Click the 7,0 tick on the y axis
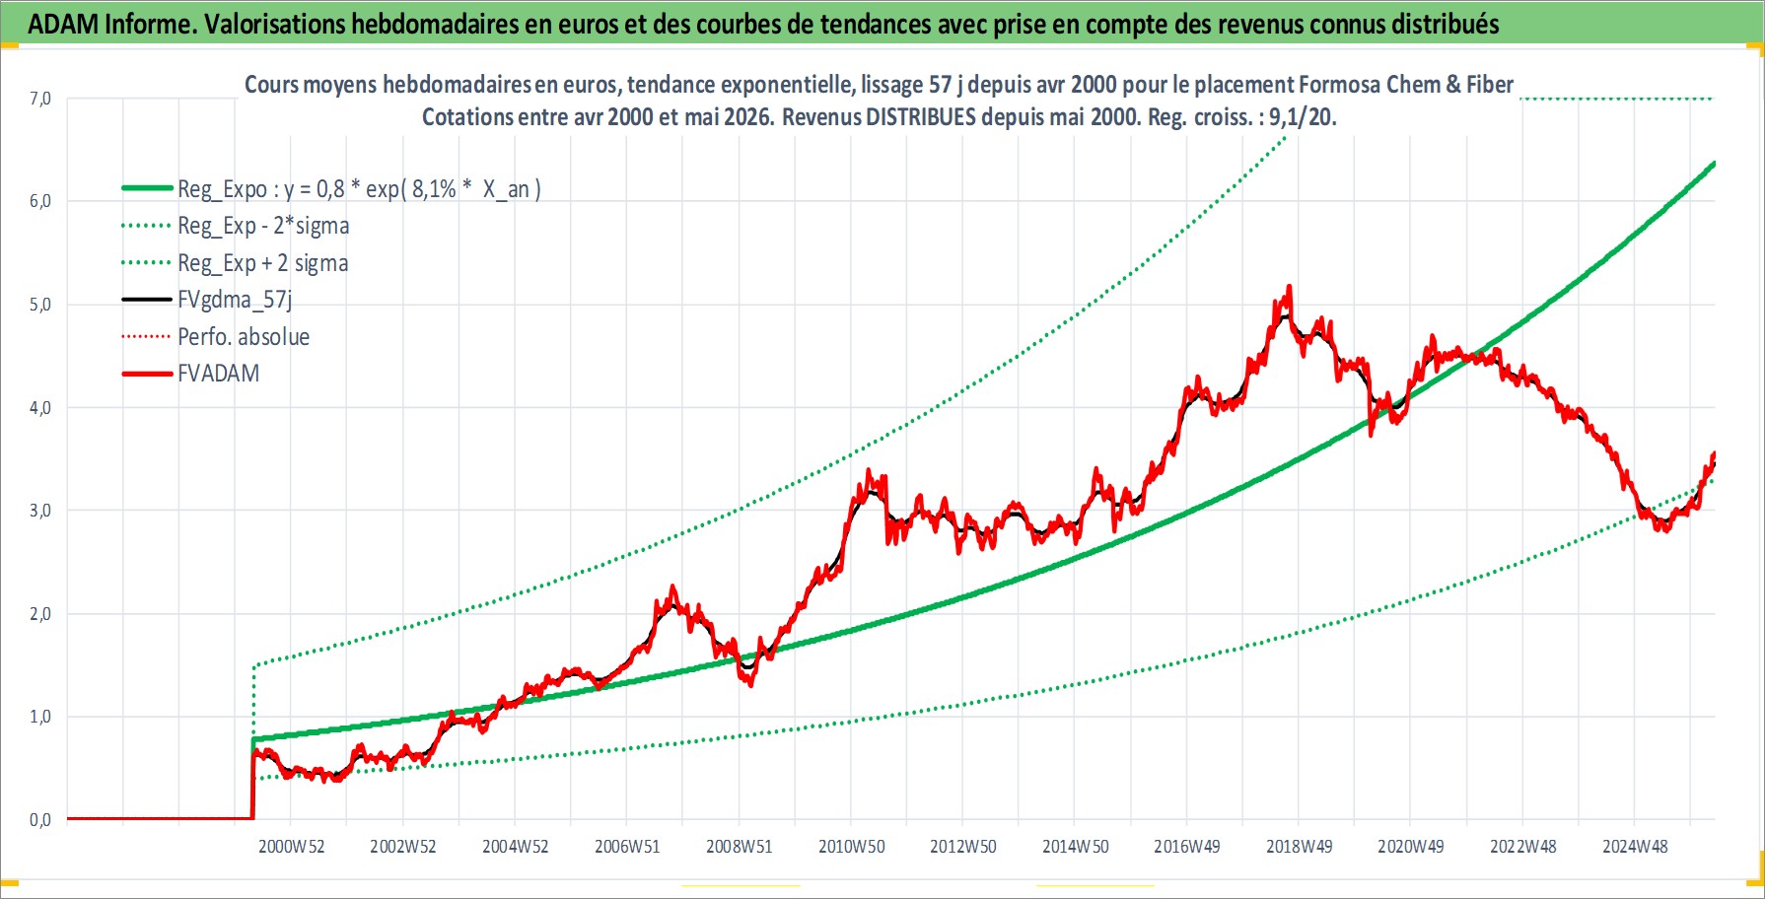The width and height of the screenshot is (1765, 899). (40, 99)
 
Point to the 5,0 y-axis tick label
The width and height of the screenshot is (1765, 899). (40, 305)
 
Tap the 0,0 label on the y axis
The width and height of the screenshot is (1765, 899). (40, 819)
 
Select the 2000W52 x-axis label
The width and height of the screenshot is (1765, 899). (291, 847)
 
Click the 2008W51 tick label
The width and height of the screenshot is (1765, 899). (739, 847)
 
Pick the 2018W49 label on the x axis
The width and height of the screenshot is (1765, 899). (1299, 847)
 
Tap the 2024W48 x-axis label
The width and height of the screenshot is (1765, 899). (1635, 847)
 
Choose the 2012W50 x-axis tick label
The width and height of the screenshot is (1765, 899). (962, 847)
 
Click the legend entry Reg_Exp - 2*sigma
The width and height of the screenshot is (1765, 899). (263, 226)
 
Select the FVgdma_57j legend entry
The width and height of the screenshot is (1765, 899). (235, 300)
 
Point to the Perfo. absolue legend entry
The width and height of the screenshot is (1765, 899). (244, 337)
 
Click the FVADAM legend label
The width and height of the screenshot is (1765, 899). (218, 374)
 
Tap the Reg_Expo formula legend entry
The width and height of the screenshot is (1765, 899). (359, 189)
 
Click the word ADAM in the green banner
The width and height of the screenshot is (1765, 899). (62, 25)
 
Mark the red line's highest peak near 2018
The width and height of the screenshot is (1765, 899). (1289, 287)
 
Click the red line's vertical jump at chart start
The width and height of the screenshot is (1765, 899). (253, 785)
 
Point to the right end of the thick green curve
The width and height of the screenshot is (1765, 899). (1714, 163)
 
